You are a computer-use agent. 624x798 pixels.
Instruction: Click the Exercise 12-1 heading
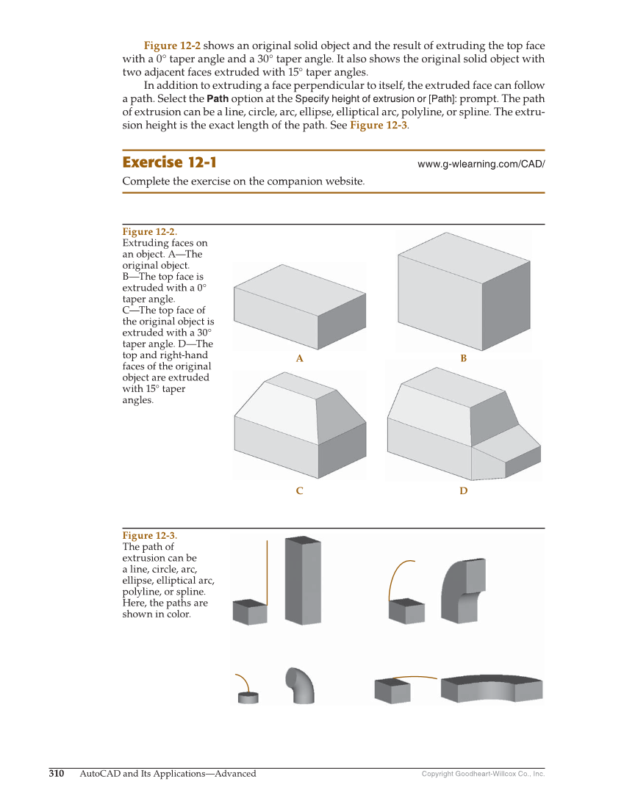[169, 162]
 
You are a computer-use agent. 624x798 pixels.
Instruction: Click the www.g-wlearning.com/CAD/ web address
[481, 164]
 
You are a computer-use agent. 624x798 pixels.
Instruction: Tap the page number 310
[57, 773]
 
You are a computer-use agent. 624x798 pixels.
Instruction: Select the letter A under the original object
[299, 359]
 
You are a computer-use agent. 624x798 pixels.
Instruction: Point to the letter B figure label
[463, 359]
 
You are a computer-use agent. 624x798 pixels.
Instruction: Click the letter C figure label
[299, 490]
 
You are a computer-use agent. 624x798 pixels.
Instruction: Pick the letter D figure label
[463, 490]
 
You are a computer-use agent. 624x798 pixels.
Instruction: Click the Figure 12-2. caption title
[149, 232]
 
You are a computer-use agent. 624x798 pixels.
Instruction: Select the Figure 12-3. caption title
[149, 536]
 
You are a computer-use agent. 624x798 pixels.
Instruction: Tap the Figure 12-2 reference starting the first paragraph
[172, 46]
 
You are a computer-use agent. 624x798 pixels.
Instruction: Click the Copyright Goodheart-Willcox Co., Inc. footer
[483, 774]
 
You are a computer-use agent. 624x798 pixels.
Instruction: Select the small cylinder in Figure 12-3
[248, 697]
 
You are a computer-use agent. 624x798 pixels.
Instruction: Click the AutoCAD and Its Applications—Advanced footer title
[168, 773]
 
